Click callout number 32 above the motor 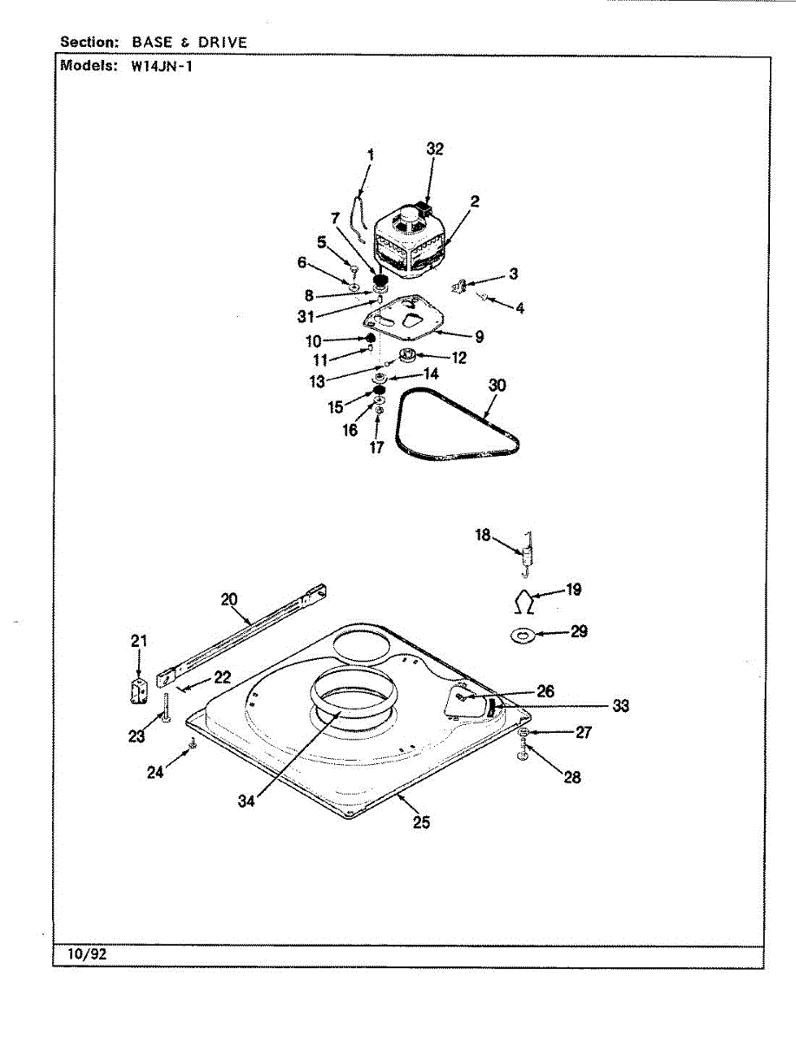(435, 149)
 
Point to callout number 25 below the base (421, 822)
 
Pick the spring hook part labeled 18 (525, 552)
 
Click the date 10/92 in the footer (86, 953)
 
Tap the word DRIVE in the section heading (220, 42)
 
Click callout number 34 (247, 801)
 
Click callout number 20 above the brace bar (228, 598)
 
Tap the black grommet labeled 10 (369, 339)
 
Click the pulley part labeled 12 (407, 356)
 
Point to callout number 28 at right (572, 777)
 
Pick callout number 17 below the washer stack (377, 448)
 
